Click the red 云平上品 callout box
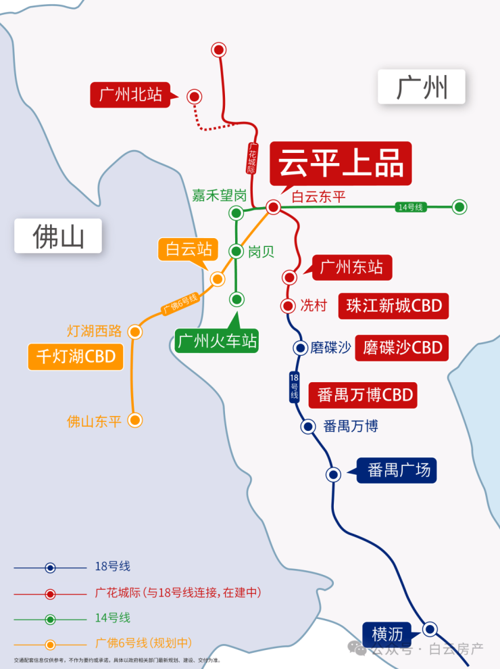coord(341,163)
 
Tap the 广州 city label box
coord(422,87)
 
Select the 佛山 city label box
coord(59,236)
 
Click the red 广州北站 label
coord(130,95)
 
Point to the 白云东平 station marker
coord(273,207)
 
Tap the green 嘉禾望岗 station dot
coord(236,214)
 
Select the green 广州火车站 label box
coord(217,340)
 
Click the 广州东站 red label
coord(351,267)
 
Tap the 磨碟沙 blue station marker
coord(300,348)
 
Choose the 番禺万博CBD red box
coord(363,395)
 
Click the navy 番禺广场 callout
coord(397,469)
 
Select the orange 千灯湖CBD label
coord(76,356)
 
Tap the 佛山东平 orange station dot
coord(135,420)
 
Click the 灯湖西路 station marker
coord(135,331)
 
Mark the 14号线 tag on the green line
coord(410,207)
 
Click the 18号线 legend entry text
coord(113,567)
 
